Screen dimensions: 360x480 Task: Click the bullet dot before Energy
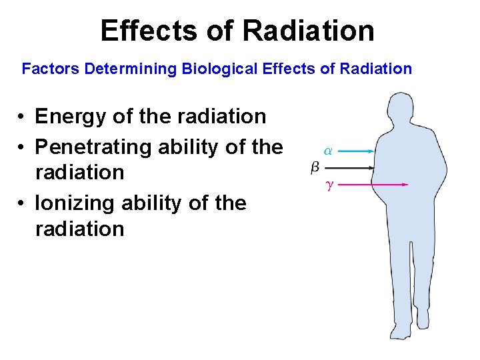22,117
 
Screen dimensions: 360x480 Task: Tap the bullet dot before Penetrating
22,146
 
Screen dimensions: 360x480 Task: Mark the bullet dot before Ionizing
22,203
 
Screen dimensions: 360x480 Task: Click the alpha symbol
327,151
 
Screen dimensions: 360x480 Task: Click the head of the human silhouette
402,110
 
